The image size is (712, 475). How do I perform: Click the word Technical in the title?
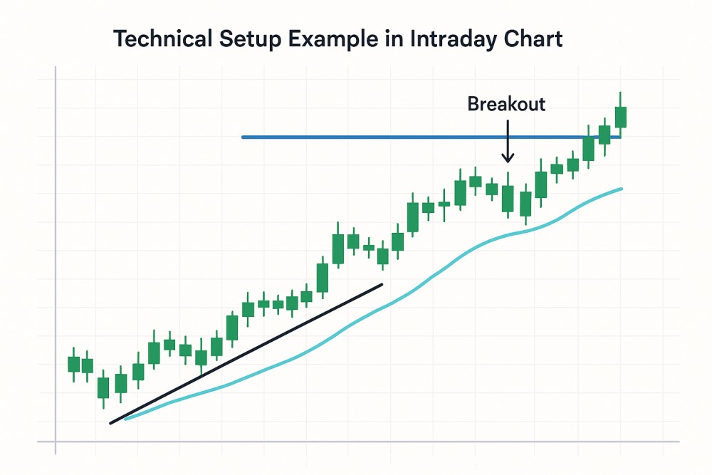(x=162, y=38)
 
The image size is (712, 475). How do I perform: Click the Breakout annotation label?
(x=506, y=104)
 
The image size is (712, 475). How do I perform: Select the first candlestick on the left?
(x=73, y=364)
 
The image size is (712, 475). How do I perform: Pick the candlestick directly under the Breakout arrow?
(x=508, y=198)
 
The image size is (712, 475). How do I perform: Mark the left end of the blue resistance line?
(x=243, y=137)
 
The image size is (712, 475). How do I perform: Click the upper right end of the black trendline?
(x=382, y=285)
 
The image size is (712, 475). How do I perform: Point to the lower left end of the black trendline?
(x=111, y=423)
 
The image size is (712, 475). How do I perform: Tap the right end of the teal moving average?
(x=621, y=189)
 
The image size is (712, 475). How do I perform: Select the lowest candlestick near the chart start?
(x=103, y=387)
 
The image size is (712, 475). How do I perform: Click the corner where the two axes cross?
(x=56, y=441)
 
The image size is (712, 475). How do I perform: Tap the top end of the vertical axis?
(x=56, y=67)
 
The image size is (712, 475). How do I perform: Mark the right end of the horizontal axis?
(x=679, y=441)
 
